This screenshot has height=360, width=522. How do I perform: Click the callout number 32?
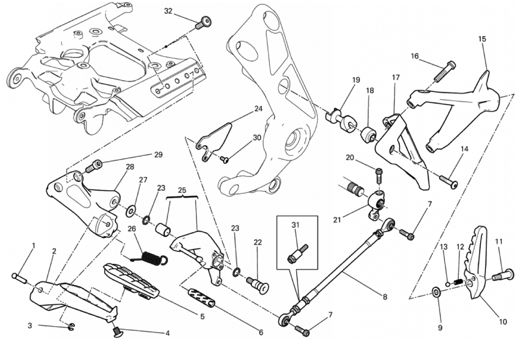(168, 11)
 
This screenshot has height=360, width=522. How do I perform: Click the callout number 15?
(482, 39)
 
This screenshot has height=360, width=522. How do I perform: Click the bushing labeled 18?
(368, 133)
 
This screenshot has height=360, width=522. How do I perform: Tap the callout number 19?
(355, 80)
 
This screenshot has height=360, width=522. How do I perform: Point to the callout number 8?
(385, 297)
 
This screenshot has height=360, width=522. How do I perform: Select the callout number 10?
(503, 322)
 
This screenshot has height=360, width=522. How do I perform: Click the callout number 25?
(181, 191)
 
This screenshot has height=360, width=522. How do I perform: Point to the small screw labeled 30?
(225, 159)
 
